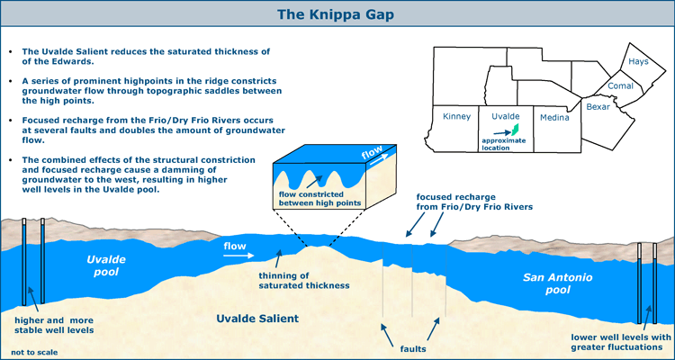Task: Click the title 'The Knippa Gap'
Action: point(335,14)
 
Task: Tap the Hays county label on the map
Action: point(638,61)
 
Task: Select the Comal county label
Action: point(620,86)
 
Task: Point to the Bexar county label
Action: point(598,107)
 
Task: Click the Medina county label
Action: point(554,118)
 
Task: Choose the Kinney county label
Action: point(456,117)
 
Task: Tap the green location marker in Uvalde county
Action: point(514,130)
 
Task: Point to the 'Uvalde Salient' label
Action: point(257,319)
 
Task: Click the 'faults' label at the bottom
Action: point(410,348)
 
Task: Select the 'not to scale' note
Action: point(34,352)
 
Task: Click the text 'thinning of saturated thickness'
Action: point(303,280)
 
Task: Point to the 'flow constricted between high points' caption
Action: point(319,198)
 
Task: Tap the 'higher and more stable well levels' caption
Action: point(54,326)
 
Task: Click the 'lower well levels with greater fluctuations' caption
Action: point(621,342)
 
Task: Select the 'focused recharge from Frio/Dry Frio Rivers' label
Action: point(474,202)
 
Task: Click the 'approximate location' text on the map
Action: point(504,144)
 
